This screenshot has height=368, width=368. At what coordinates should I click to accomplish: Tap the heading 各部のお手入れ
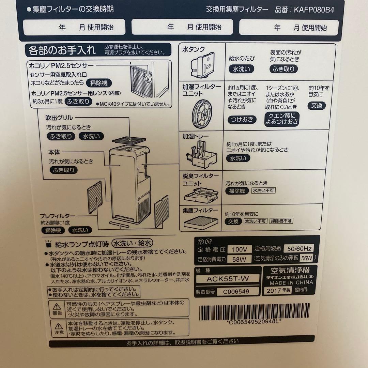(x=62, y=50)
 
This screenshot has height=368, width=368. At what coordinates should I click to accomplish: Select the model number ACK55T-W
(x=228, y=279)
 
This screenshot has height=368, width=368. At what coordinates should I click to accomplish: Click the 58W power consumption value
(x=239, y=259)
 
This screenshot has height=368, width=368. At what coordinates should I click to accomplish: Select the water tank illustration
(x=203, y=65)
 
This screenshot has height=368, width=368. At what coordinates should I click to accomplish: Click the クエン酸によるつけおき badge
(x=281, y=118)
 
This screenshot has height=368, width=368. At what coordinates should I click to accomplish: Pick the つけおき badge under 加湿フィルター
(x=242, y=120)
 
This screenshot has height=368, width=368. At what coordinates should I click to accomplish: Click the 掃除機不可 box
(x=281, y=221)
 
